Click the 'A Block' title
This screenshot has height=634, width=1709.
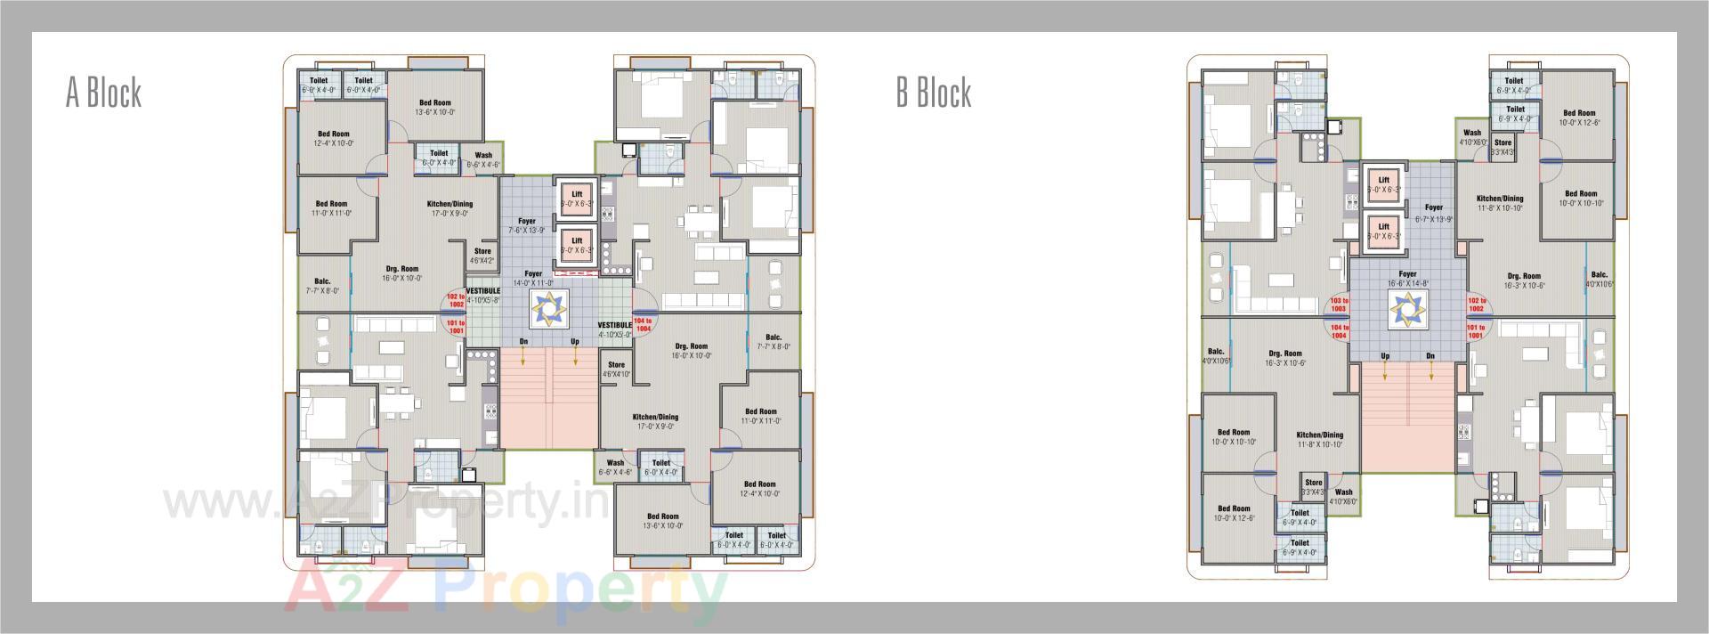pos(103,93)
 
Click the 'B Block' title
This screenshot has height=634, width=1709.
pos(934,93)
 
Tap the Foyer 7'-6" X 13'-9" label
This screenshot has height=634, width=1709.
pos(527,226)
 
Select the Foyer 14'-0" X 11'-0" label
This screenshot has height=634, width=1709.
pos(532,279)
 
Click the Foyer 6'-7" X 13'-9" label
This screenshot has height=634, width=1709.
pos(1433,213)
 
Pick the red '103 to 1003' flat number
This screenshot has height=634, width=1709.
pos(1338,305)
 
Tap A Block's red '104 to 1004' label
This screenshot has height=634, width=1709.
pos(644,324)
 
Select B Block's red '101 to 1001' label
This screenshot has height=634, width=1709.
pos(1475,331)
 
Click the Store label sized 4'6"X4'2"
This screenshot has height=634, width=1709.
pos(482,256)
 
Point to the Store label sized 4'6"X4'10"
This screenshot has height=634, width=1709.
pos(616,369)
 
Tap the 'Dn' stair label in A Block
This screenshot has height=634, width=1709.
pos(523,342)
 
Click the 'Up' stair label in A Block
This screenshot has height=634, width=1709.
pos(575,342)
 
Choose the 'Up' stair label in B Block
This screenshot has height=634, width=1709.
pos(1385,356)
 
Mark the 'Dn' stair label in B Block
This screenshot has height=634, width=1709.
pos(1430,356)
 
